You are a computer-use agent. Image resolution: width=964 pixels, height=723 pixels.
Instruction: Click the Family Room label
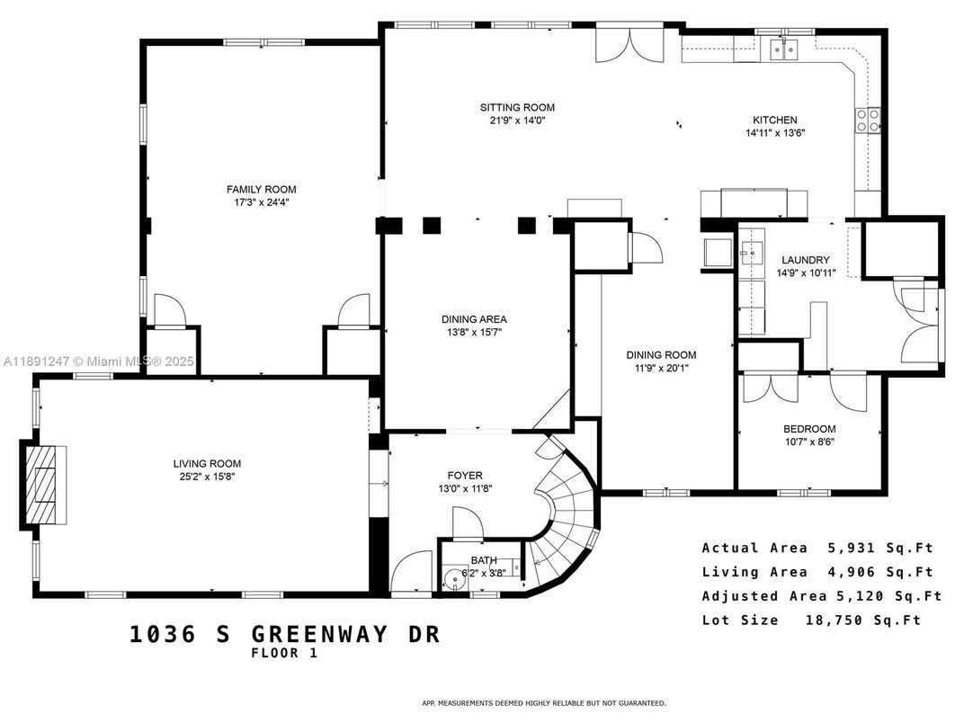click(x=261, y=189)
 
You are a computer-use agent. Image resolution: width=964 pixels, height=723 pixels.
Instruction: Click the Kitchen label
click(x=774, y=120)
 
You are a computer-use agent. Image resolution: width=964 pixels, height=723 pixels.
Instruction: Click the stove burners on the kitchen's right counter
click(x=869, y=120)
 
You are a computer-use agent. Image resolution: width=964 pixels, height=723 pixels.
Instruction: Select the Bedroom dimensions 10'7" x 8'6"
click(x=809, y=442)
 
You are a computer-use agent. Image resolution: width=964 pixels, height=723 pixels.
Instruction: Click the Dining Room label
click(x=661, y=354)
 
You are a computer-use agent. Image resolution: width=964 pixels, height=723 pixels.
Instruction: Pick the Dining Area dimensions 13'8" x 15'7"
click(x=474, y=332)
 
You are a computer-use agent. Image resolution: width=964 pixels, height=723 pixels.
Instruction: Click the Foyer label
click(x=465, y=475)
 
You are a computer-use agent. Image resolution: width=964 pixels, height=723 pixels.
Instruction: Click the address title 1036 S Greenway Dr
click(x=285, y=634)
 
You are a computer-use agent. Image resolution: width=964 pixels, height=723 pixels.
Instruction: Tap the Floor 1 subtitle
click(x=284, y=654)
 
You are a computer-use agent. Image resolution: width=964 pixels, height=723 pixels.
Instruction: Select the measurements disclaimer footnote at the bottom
click(x=544, y=702)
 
